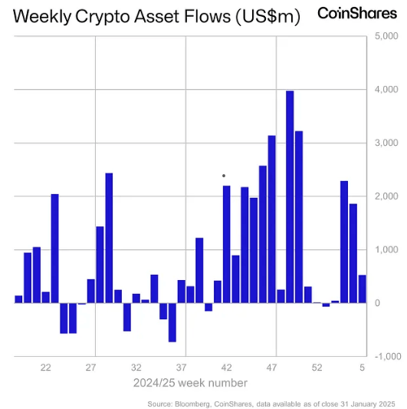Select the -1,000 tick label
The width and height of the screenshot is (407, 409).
coord(386,357)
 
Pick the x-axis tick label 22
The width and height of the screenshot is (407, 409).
coord(46,368)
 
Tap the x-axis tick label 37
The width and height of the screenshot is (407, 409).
coord(182,368)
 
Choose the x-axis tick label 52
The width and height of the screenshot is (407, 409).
coord(317,368)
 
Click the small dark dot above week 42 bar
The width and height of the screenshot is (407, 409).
coord(224,176)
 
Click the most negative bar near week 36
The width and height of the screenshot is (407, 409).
coord(172,322)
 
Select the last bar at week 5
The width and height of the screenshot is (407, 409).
coord(363,289)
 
